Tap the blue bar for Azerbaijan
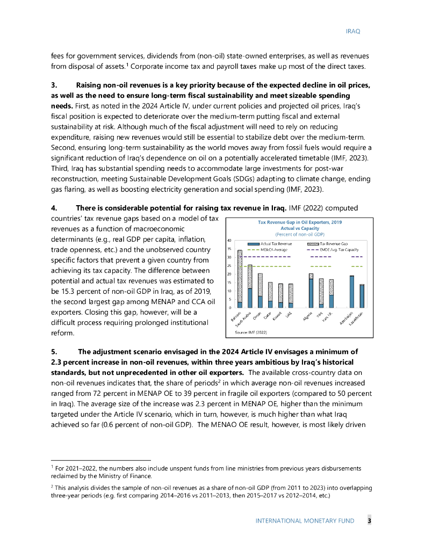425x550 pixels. (352, 292)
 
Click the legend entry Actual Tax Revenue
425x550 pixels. (265, 244)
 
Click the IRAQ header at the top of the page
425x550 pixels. (352, 32)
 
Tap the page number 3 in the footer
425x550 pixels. (369, 521)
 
